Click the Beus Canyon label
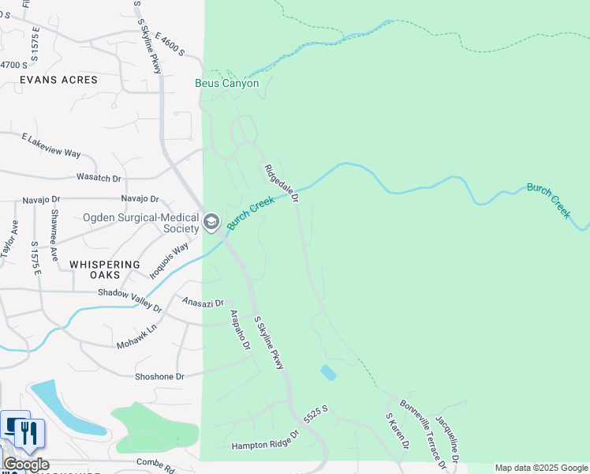[x=227, y=83]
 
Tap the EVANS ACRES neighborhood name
[x=59, y=80]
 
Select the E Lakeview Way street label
[x=52, y=145]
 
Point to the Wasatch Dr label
[x=99, y=178]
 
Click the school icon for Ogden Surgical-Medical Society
[x=211, y=222]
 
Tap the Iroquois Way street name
[x=170, y=261]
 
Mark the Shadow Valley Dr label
[x=129, y=299]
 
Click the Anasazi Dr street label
[x=204, y=303]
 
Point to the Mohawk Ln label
[x=137, y=336]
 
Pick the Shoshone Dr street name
[x=159, y=377]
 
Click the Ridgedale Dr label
[x=282, y=183]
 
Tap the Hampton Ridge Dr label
[x=266, y=440]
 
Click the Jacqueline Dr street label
[x=446, y=440]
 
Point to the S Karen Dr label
[x=397, y=431]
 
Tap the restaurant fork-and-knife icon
[x=30, y=432]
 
